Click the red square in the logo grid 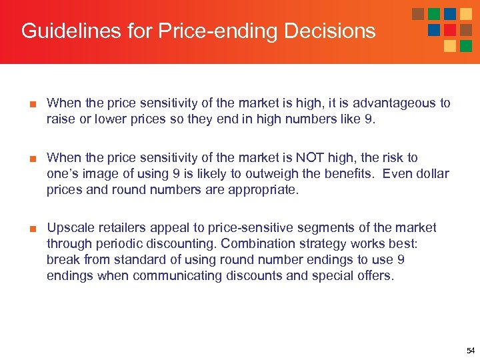pyautogui.click(x=450, y=29)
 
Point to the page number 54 pyautogui.click(x=470, y=351)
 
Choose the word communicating pyautogui.click(x=177, y=276)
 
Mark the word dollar pyautogui.click(x=432, y=174)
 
